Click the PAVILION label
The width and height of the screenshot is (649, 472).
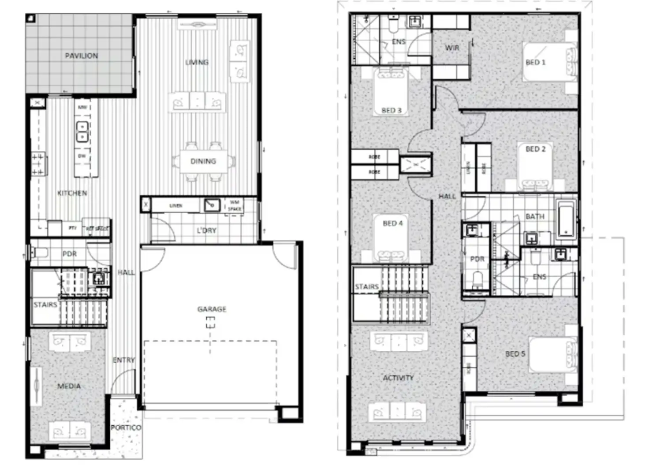(x=82, y=56)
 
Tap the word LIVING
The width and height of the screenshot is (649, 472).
(x=197, y=62)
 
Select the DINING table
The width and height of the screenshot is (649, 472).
(x=203, y=161)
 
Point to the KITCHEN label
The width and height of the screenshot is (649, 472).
(x=72, y=193)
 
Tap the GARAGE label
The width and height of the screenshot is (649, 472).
(x=212, y=309)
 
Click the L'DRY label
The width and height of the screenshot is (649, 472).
(x=206, y=230)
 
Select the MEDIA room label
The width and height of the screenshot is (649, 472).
(x=69, y=386)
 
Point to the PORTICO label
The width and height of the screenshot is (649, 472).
(x=126, y=427)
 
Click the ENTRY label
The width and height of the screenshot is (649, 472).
(x=123, y=360)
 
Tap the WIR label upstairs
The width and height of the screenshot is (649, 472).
(x=452, y=48)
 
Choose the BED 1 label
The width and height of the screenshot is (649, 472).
(x=535, y=62)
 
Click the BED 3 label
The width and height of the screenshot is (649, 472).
(x=391, y=110)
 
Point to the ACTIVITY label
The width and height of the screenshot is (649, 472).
(x=398, y=378)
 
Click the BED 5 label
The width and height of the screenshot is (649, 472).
(x=515, y=353)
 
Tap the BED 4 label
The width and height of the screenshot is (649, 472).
(x=392, y=223)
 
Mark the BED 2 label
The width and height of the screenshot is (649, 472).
(x=535, y=149)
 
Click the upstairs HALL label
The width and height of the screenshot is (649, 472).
(x=447, y=196)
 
